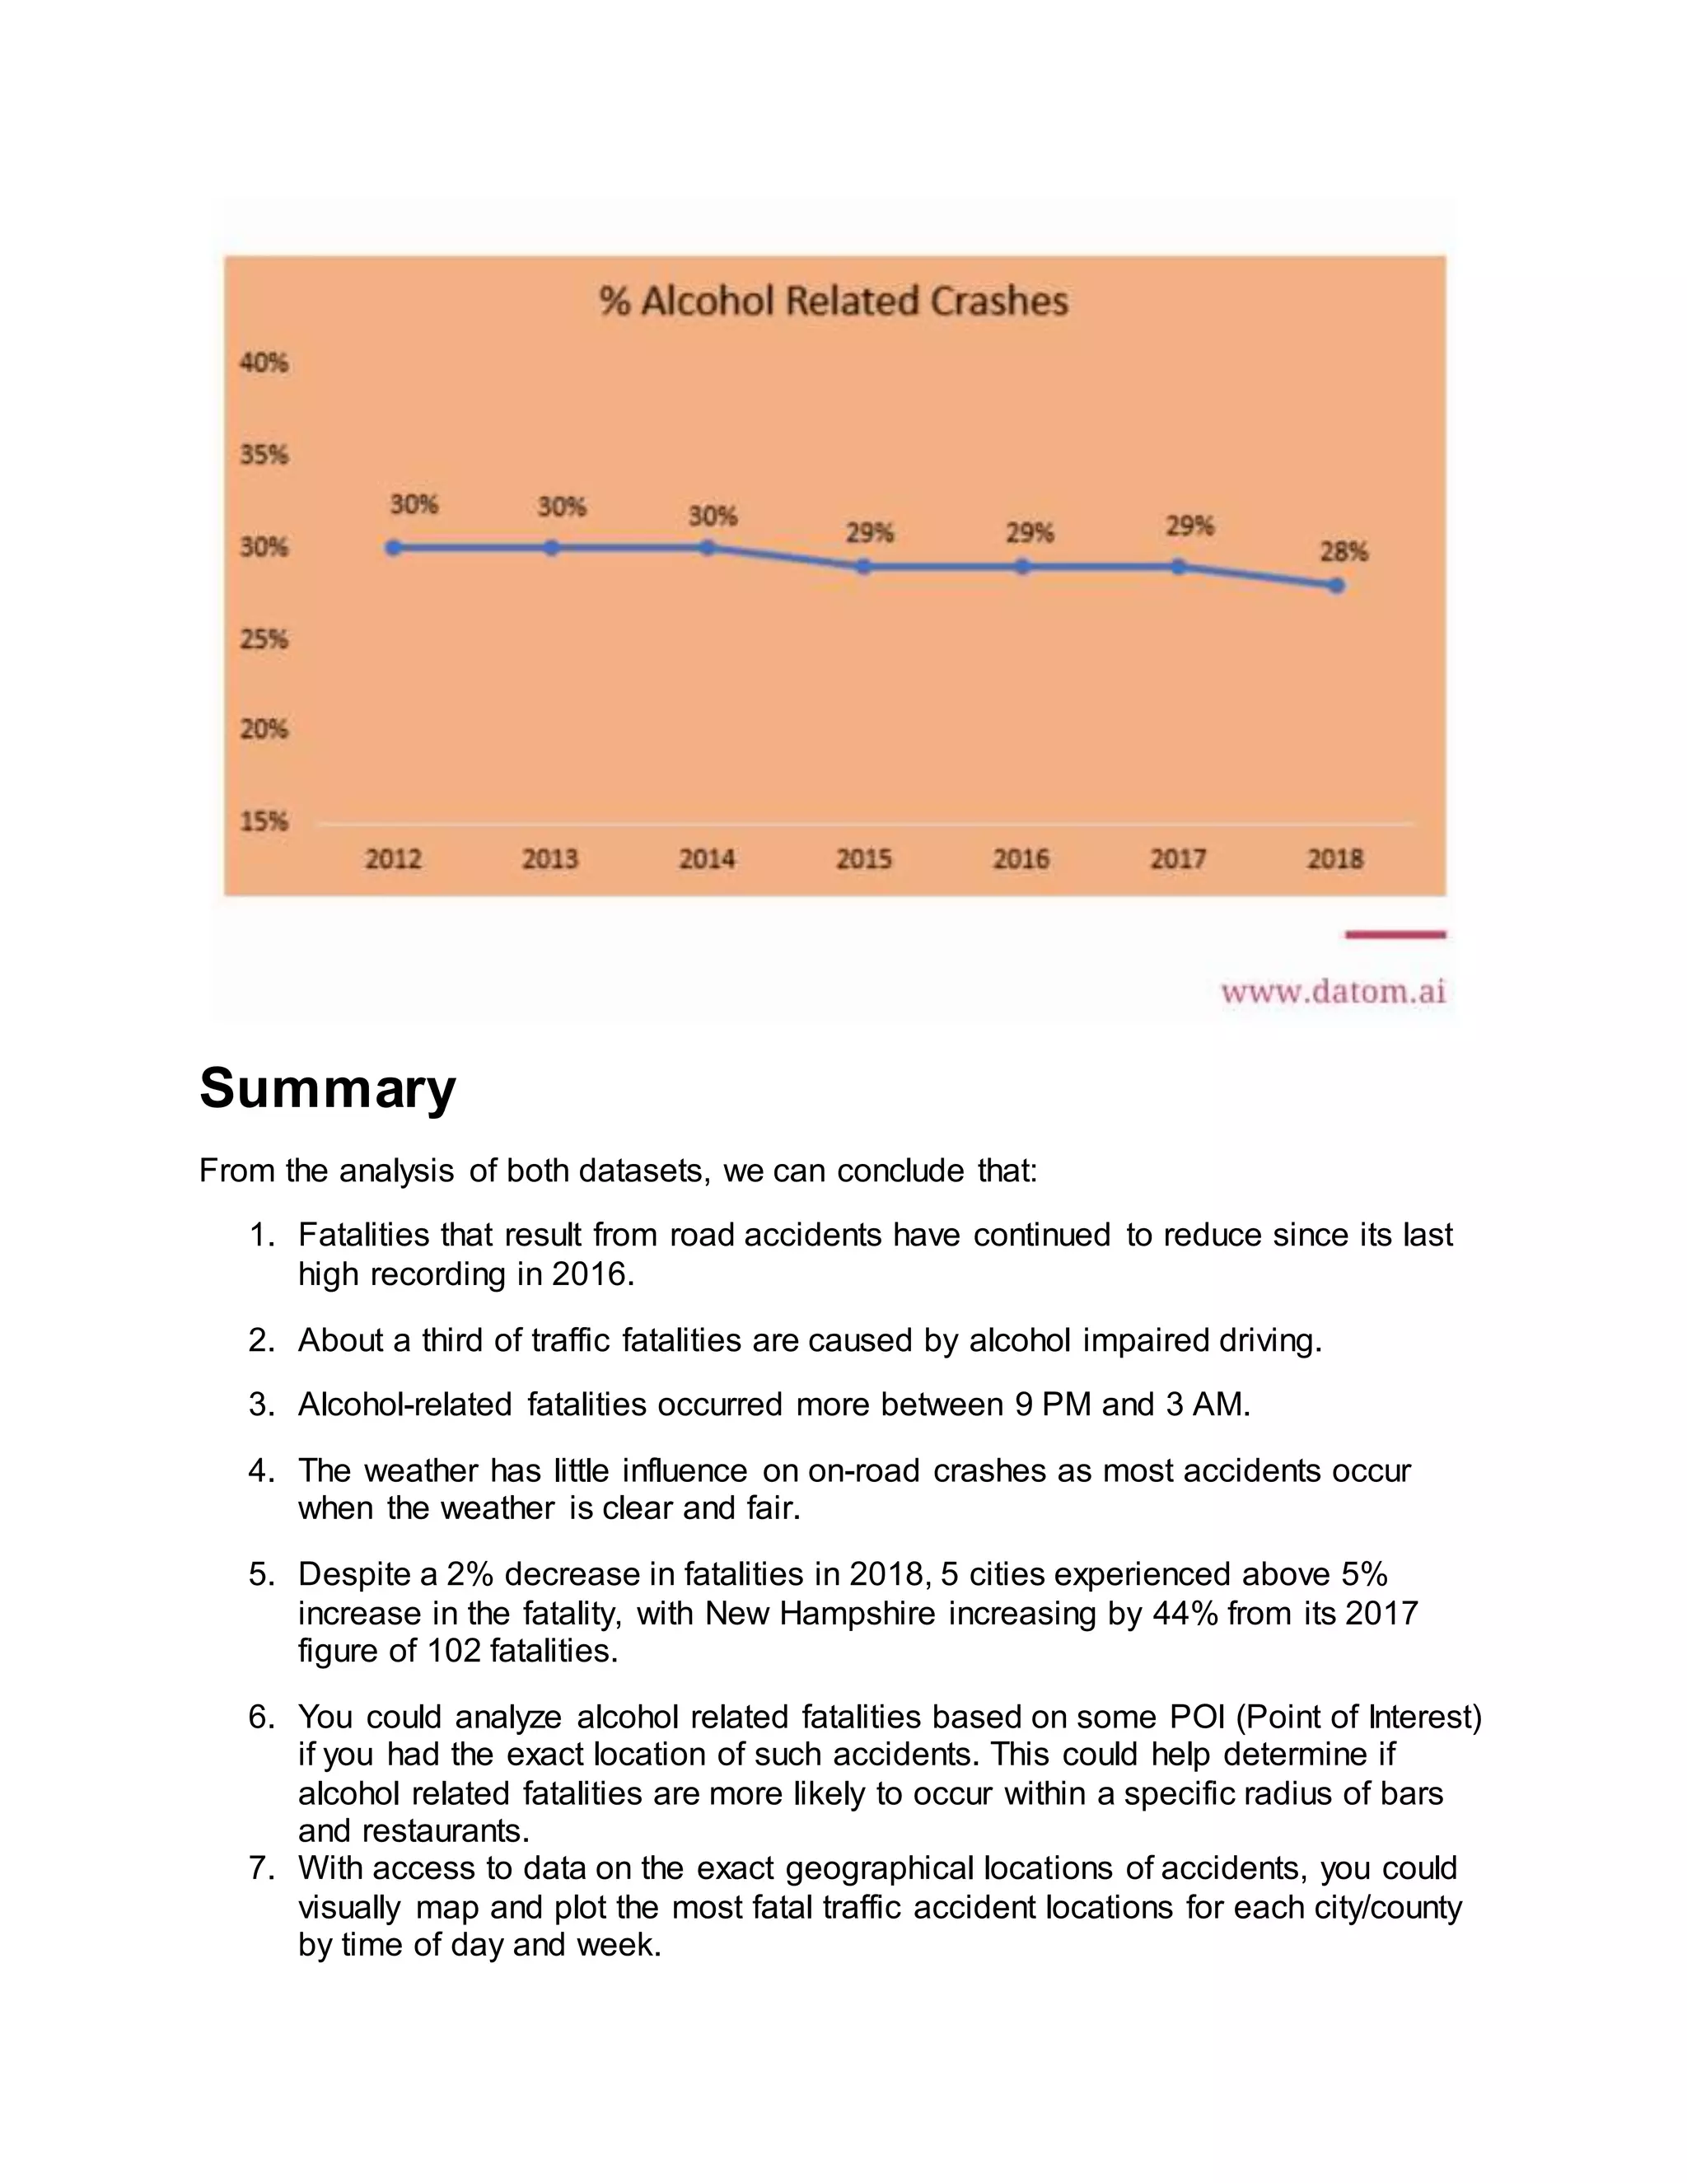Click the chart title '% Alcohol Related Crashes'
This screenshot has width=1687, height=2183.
pos(834,301)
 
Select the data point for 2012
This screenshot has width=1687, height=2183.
pos(394,548)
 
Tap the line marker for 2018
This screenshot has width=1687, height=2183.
pos(1336,586)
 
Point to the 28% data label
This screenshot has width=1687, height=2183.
pos(1344,552)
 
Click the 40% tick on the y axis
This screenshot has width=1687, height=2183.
pos(264,362)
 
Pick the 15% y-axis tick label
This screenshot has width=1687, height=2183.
pos(264,821)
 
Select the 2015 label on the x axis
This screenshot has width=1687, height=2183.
pos(863,858)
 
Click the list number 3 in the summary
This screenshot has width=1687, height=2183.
pos(261,1405)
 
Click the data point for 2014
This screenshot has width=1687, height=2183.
pos(708,548)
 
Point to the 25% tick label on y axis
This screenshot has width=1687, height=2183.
pos(264,638)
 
